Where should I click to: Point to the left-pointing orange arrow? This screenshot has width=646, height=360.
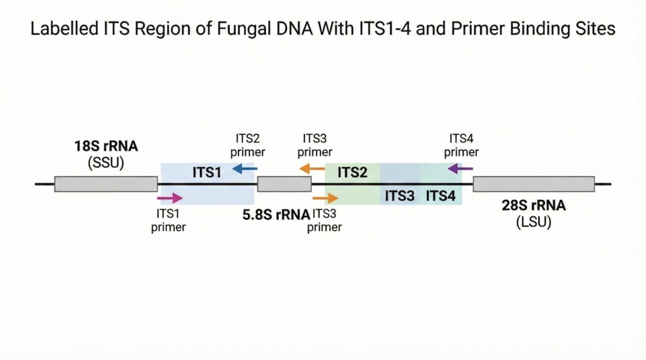[312, 168]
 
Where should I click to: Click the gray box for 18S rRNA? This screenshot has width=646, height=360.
[106, 183]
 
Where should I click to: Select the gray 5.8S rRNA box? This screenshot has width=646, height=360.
[284, 183]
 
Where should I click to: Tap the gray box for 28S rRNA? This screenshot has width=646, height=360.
[534, 183]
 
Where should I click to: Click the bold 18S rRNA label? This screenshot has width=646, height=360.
[106, 148]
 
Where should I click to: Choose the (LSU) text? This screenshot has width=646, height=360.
[534, 222]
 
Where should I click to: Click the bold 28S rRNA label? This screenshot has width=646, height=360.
[534, 206]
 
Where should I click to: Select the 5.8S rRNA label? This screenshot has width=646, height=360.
[276, 214]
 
